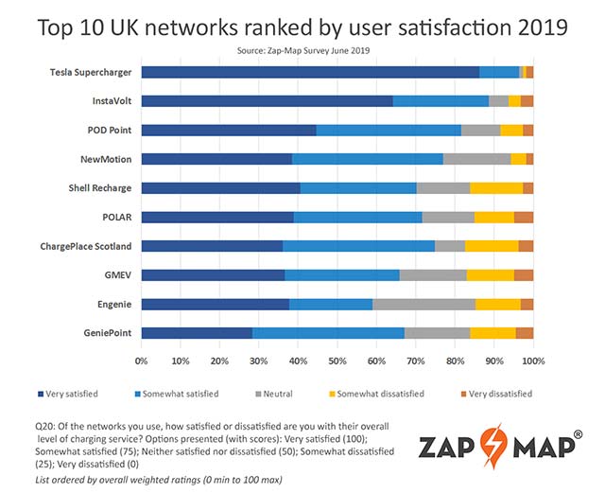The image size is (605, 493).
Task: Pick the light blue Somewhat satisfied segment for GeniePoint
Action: [328, 333]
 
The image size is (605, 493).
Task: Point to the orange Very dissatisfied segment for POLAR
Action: [524, 217]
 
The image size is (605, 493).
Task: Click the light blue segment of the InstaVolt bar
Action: [441, 100]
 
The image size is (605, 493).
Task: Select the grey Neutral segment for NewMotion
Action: [476, 159]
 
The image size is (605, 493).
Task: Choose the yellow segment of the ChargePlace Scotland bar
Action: [492, 246]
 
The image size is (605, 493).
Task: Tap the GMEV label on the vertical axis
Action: [117, 275]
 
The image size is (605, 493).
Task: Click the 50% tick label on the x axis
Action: [337, 361]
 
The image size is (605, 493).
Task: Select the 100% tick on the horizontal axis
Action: [533, 361]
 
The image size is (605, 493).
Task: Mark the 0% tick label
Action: [142, 361]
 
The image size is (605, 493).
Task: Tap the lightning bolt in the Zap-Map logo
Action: [496, 444]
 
